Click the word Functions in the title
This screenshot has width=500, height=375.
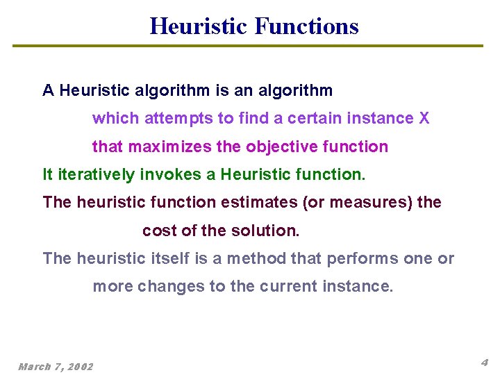point(306,26)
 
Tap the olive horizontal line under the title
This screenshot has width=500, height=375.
point(248,47)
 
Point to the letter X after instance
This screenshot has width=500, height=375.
point(424,119)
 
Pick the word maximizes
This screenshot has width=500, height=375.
point(187,147)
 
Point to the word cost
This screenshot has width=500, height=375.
point(157,231)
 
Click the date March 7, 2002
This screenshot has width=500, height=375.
point(56,366)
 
